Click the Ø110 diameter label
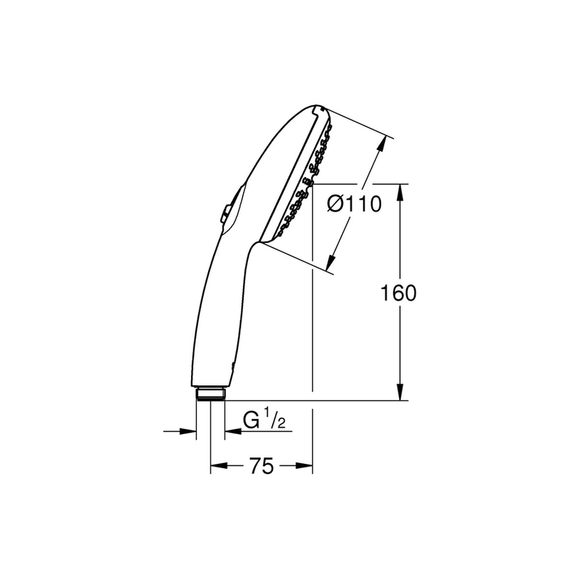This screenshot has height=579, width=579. (x=354, y=204)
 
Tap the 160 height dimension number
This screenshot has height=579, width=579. (x=398, y=293)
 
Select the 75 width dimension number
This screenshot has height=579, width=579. (x=261, y=465)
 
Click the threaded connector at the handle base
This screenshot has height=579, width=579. (x=210, y=394)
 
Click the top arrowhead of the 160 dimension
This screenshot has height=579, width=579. (x=400, y=192)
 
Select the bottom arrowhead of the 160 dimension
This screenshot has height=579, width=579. (x=400, y=391)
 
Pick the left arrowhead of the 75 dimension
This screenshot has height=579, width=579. (x=219, y=465)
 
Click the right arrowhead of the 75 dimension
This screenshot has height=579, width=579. (x=304, y=465)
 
